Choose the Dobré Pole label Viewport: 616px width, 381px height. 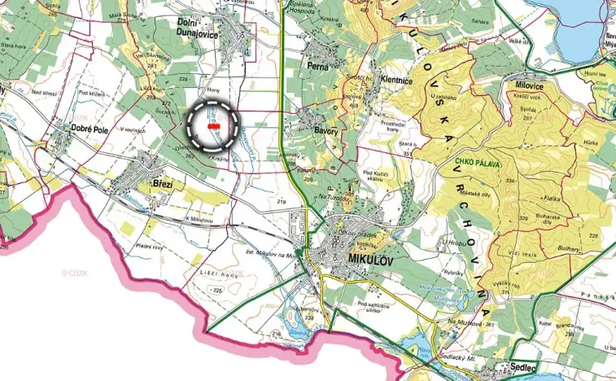[x=84, y=129]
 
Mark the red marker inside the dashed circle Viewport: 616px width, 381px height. [x=214, y=127]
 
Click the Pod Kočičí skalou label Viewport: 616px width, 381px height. [x=380, y=177]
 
